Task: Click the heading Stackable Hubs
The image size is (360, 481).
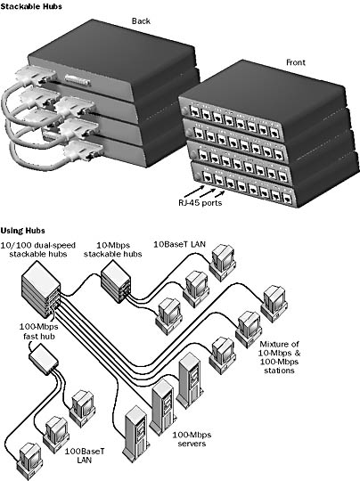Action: (x=31, y=6)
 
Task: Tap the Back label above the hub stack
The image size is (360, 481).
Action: (x=141, y=21)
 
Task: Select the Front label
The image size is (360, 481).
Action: (x=296, y=62)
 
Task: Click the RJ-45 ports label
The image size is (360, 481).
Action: (x=200, y=203)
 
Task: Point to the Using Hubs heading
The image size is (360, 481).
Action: (x=22, y=231)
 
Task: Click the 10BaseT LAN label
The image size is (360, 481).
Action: (x=179, y=244)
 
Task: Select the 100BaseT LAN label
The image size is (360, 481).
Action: (x=85, y=456)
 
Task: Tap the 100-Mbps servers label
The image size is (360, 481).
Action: (x=192, y=439)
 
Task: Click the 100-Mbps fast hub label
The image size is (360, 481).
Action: (x=39, y=331)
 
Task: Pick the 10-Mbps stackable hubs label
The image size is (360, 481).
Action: (x=113, y=249)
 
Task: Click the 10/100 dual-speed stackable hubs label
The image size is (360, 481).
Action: (x=38, y=249)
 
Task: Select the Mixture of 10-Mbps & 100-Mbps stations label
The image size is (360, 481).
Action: (x=279, y=357)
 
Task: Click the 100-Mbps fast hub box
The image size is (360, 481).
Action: (x=44, y=356)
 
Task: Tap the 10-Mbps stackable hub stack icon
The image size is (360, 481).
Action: (x=116, y=282)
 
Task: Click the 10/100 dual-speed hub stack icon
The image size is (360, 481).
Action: (x=41, y=289)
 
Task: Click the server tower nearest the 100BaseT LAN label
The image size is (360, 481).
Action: (x=135, y=434)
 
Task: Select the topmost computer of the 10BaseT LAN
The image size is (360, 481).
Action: (x=223, y=262)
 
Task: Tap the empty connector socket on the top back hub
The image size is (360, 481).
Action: (x=78, y=80)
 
